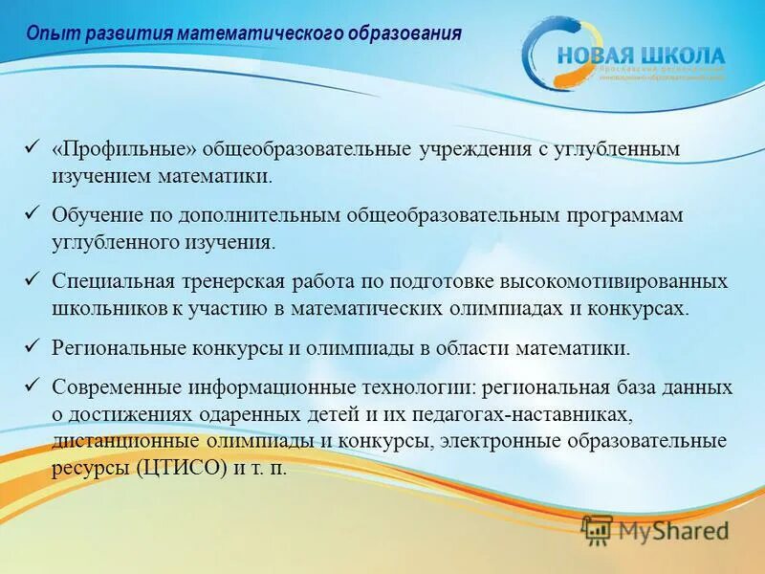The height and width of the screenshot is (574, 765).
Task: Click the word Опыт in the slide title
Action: tap(47, 33)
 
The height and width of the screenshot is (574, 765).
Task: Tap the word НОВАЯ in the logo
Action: tap(599, 55)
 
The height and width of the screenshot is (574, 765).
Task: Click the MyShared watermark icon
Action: tap(597, 529)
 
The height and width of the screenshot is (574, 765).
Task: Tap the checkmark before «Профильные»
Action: tap(31, 149)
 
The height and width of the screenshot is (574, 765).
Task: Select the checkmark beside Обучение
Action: tap(31, 215)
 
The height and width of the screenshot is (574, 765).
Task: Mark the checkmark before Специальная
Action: tap(31, 281)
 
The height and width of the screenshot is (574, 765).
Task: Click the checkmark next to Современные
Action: tap(31, 386)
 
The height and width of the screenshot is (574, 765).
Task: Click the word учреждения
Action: tap(474, 151)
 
